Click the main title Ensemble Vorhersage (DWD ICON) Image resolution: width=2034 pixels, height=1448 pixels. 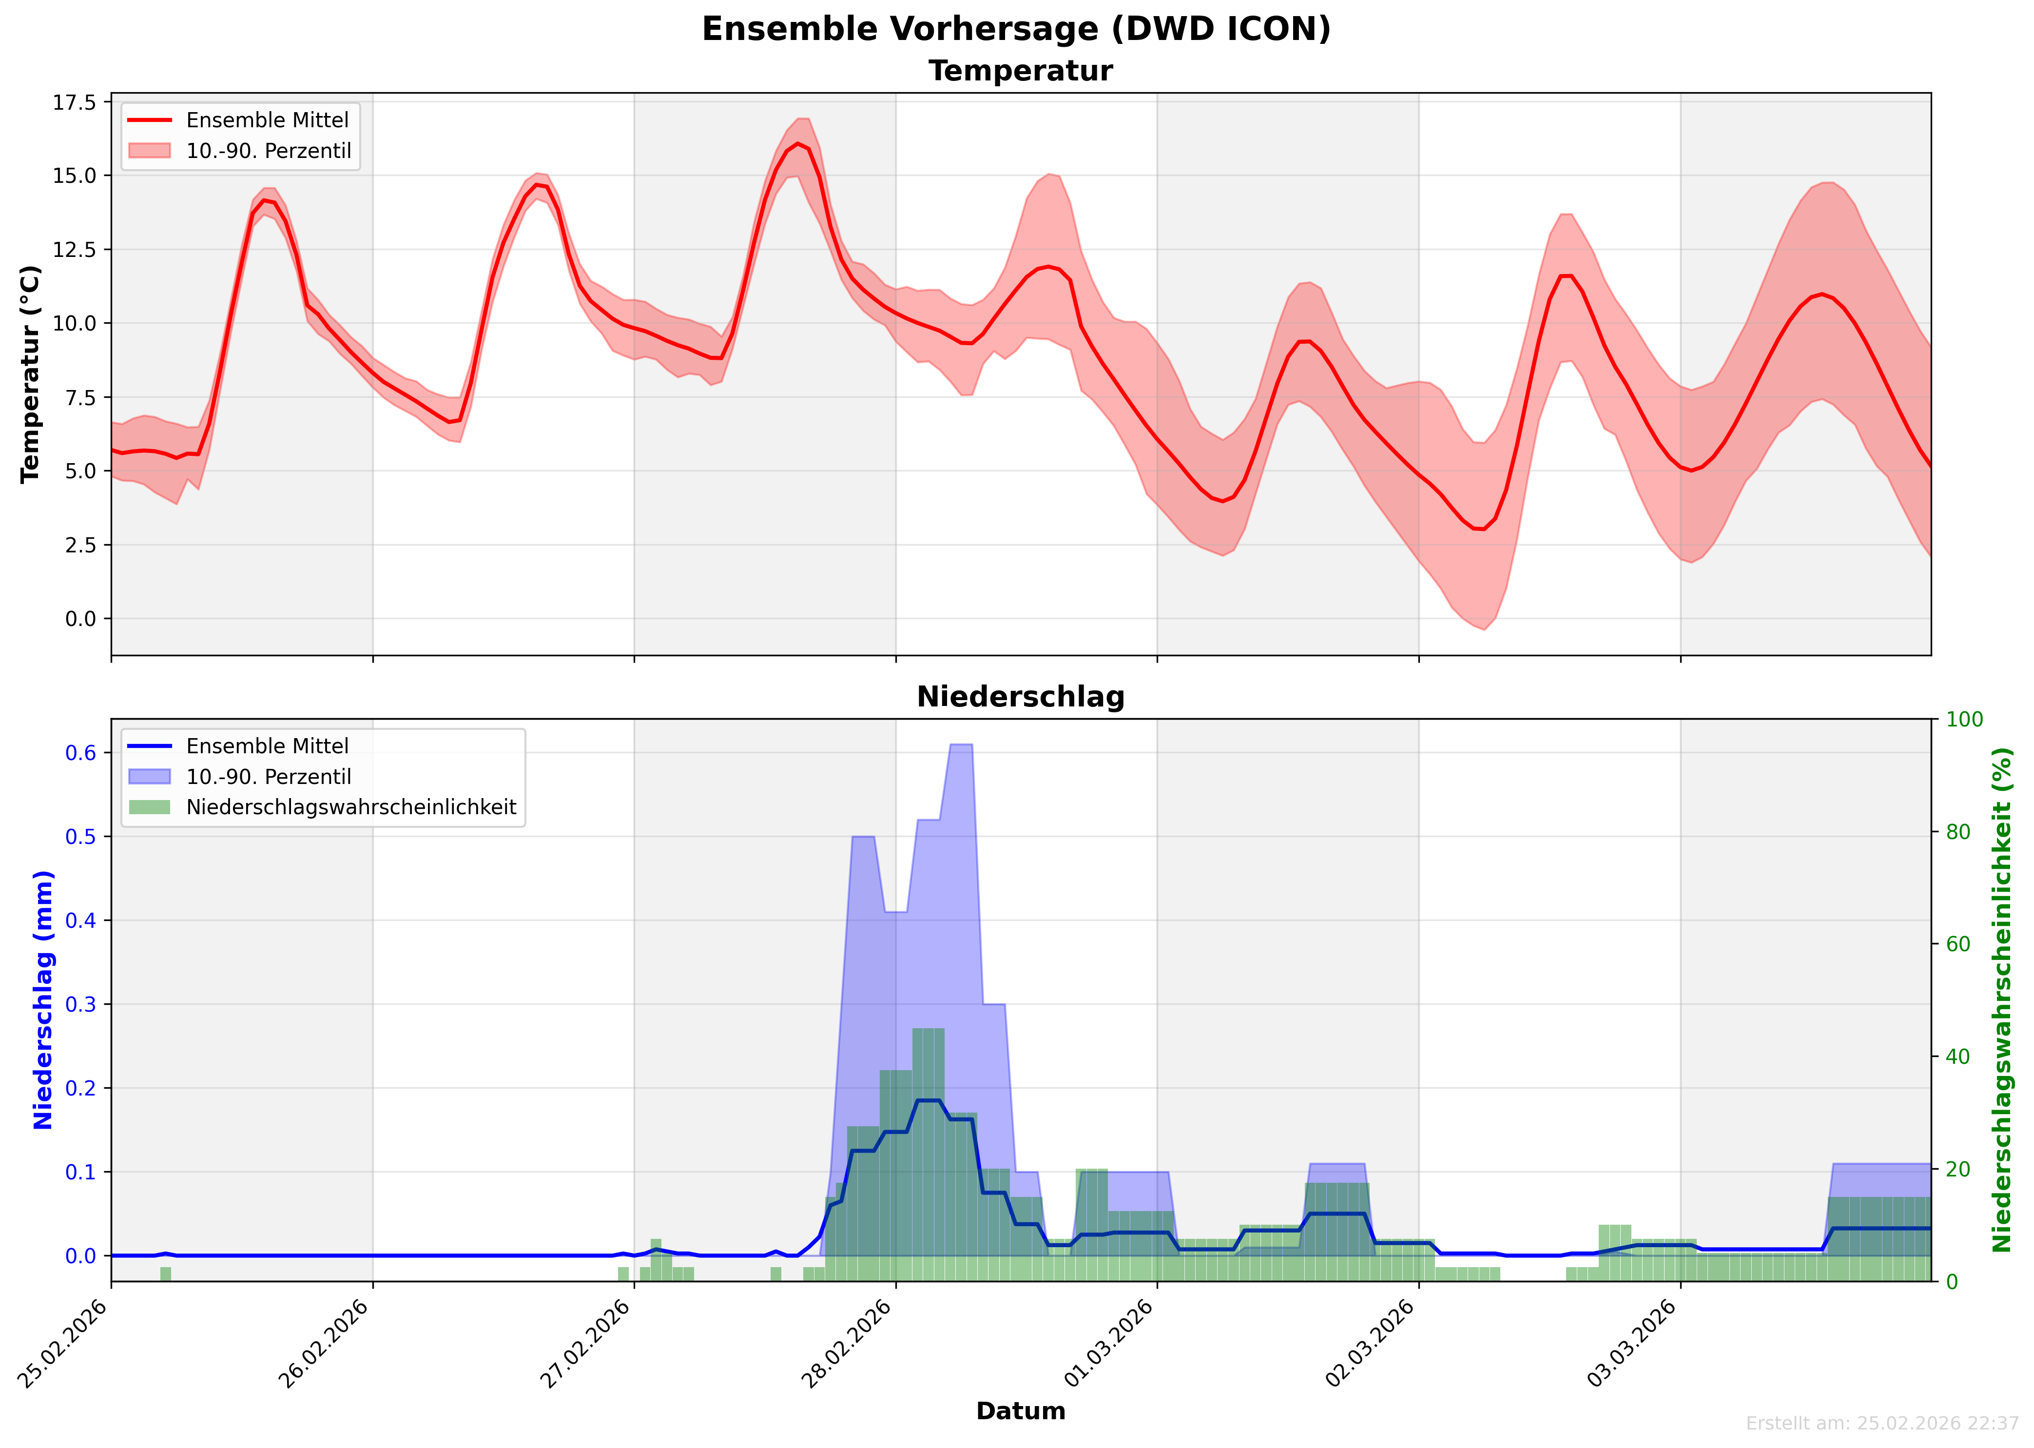(1016, 29)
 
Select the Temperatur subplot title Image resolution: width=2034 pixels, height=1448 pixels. (1021, 71)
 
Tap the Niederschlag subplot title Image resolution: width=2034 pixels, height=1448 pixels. (1021, 697)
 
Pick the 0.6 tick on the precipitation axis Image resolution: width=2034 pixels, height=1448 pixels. (80, 753)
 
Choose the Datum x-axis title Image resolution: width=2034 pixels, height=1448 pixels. (1021, 1410)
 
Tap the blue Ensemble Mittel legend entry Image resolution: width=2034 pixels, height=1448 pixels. (267, 746)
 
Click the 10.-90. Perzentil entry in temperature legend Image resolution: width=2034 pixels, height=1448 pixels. (268, 151)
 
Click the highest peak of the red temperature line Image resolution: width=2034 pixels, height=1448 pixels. (798, 143)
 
